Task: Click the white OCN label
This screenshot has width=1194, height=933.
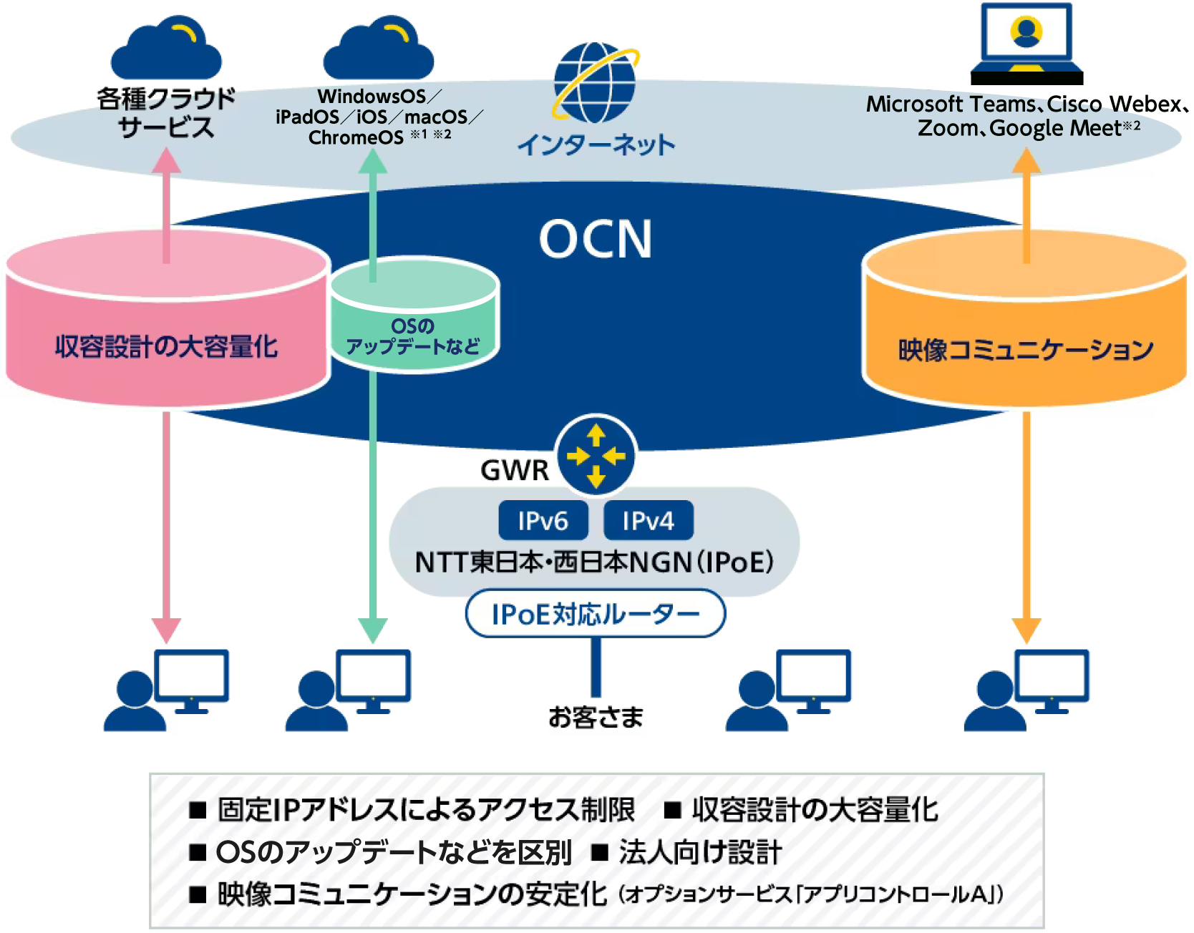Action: (596, 239)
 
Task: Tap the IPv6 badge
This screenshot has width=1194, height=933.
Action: (543, 520)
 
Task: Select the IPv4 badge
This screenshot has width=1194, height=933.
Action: (649, 520)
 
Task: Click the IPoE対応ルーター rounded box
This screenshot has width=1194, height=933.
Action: (596, 613)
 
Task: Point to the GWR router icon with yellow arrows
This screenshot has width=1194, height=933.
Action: (596, 455)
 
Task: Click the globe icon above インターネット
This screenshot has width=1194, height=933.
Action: (596, 82)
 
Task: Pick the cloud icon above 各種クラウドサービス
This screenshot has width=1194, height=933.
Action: (166, 49)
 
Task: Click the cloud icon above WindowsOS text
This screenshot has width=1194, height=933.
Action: (379, 49)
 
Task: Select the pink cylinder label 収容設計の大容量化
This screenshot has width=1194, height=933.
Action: (167, 346)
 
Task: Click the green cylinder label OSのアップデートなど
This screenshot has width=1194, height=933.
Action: (413, 336)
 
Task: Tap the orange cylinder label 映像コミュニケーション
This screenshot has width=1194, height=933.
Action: (1026, 349)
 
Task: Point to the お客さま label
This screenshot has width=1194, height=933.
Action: (596, 717)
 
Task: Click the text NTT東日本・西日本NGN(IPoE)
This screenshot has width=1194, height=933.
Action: (594, 562)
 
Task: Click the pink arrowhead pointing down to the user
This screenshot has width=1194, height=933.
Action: (166, 630)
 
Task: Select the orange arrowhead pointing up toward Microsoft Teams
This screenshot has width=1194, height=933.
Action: (1026, 160)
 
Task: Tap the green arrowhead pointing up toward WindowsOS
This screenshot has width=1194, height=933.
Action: (372, 160)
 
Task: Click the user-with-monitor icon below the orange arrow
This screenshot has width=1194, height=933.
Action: (1026, 690)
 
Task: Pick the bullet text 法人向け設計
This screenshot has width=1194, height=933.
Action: (700, 852)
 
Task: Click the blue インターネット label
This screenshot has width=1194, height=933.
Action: (596, 145)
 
